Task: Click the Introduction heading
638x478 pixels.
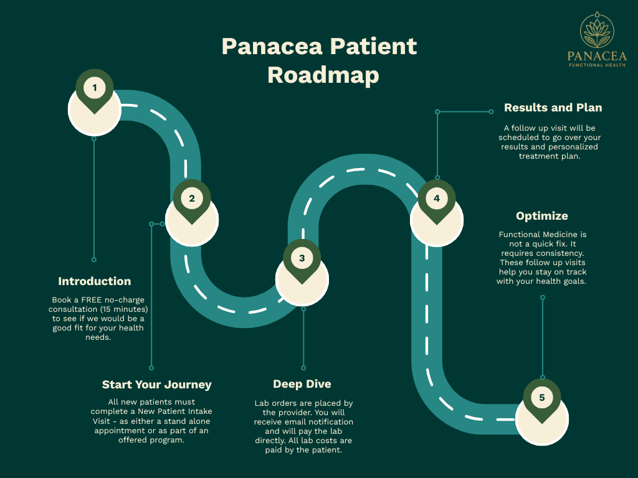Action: (x=95, y=281)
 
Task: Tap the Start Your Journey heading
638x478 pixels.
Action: (x=157, y=385)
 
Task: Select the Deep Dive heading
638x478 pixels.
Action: (x=302, y=384)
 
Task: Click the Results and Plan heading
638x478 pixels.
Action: (x=553, y=108)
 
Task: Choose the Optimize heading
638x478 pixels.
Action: (x=542, y=216)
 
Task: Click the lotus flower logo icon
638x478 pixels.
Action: (x=597, y=31)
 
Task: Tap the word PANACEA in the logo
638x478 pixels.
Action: (x=597, y=57)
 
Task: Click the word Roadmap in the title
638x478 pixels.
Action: (x=323, y=75)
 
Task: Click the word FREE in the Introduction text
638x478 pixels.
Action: (x=92, y=300)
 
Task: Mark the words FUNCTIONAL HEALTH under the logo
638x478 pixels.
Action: (x=597, y=65)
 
